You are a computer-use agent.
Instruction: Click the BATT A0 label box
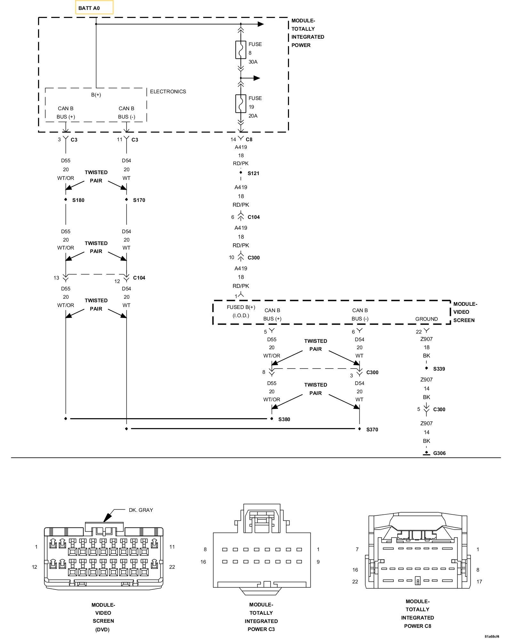click(94, 8)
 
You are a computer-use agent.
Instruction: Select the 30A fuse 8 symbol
click(241, 50)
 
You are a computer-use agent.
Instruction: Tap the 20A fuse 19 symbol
click(241, 104)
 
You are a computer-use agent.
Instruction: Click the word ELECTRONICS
click(168, 92)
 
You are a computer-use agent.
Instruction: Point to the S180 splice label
click(78, 200)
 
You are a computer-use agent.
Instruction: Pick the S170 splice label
click(139, 200)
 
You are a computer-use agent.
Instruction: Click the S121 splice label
click(253, 173)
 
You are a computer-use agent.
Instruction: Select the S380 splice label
click(284, 420)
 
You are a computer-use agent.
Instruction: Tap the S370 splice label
click(372, 430)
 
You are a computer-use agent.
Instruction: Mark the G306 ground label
click(439, 453)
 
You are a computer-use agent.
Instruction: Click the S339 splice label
click(439, 369)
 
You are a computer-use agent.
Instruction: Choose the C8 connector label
click(249, 139)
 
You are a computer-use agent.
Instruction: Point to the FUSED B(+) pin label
click(241, 307)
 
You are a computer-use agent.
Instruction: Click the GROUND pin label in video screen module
click(426, 319)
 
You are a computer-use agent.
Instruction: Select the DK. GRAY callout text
click(141, 510)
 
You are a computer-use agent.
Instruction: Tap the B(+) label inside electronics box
click(96, 95)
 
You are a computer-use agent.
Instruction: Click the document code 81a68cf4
click(492, 636)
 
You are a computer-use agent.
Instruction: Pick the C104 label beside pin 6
click(253, 217)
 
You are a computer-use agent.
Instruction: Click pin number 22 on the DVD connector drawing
click(172, 567)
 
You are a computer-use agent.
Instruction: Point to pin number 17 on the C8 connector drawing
click(479, 582)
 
